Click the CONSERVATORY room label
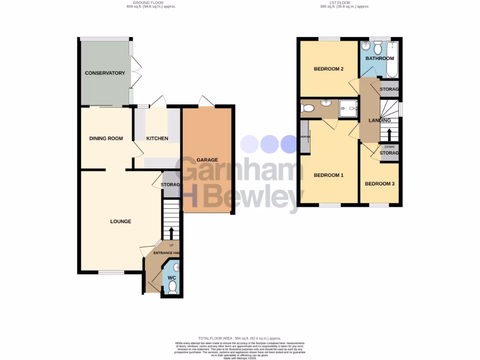(x=105, y=73)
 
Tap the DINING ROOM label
(x=106, y=138)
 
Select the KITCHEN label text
(x=157, y=138)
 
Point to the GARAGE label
(x=207, y=160)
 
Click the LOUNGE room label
(x=120, y=221)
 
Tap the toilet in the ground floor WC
(x=172, y=286)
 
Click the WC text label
(x=172, y=277)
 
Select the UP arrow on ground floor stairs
(x=171, y=233)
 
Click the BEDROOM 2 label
(x=329, y=69)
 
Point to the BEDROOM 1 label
(x=329, y=175)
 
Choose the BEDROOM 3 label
(x=380, y=184)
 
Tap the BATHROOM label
(x=380, y=59)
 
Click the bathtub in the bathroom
(x=392, y=60)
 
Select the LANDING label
(x=380, y=120)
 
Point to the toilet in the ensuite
(x=307, y=108)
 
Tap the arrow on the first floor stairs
(x=389, y=135)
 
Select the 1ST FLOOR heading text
(x=345, y=3)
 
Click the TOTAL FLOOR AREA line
(x=240, y=338)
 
